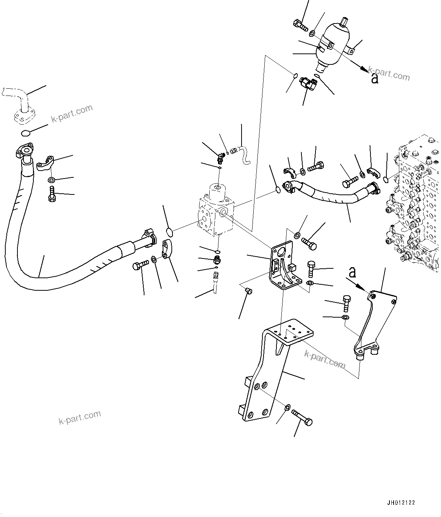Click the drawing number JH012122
(x=401, y=503)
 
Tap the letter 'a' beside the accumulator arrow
(x=375, y=79)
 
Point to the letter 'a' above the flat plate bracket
(x=353, y=272)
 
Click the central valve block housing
(x=216, y=212)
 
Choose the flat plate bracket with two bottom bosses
(x=374, y=322)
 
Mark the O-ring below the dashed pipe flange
(x=26, y=133)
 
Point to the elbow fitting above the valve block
(x=220, y=155)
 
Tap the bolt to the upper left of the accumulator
(x=300, y=25)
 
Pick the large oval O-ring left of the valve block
(x=170, y=232)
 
